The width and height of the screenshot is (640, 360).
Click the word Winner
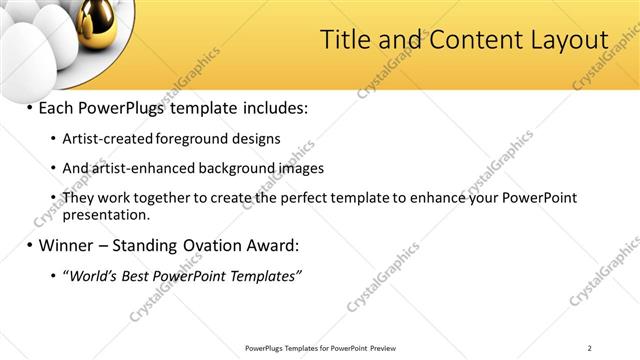click(x=70, y=245)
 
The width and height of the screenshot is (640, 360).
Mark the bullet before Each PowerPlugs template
click(x=30, y=107)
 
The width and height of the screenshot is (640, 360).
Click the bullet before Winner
click(x=30, y=245)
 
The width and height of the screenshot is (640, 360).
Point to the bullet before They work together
click(x=52, y=198)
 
